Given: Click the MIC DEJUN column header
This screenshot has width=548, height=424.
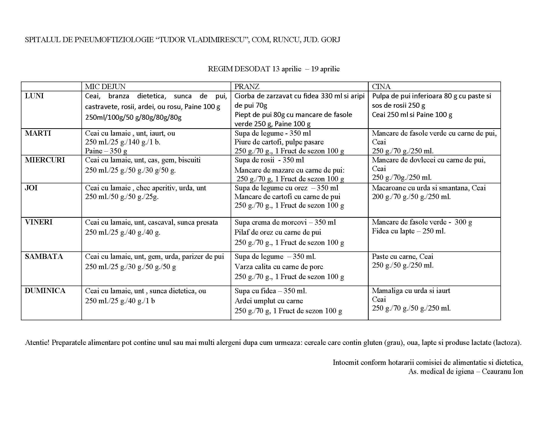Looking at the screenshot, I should (x=105, y=87).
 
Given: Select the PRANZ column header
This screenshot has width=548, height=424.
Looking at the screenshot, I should (x=247, y=87).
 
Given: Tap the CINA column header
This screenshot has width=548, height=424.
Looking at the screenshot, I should (x=381, y=87).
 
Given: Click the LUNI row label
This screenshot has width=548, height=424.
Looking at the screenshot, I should (x=34, y=96).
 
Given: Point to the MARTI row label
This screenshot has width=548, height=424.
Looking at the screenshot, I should (x=38, y=133).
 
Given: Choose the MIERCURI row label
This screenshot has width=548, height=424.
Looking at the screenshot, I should (x=45, y=160).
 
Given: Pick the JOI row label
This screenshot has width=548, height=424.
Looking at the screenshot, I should (x=31, y=188).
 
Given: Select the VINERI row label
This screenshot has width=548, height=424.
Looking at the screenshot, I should (x=39, y=222).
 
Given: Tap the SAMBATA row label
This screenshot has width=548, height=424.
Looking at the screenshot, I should (x=44, y=256).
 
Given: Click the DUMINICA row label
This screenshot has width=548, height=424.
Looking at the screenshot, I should (x=45, y=291).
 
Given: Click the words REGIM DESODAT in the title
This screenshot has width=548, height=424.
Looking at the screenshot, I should (x=239, y=69).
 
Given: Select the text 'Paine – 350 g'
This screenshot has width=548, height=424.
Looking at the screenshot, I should (x=106, y=151).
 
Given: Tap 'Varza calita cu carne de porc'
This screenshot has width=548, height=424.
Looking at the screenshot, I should (x=279, y=267).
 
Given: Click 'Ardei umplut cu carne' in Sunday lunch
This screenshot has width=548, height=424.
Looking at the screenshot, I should (x=269, y=301).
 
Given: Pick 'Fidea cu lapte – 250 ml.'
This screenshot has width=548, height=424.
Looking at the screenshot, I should (x=409, y=231).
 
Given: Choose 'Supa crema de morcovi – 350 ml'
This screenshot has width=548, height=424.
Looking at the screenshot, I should (x=285, y=222).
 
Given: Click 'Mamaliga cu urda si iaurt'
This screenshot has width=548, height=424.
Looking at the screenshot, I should (x=411, y=291).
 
